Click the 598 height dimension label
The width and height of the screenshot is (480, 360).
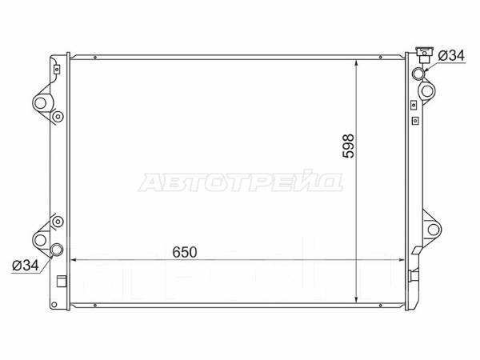coord(348,146)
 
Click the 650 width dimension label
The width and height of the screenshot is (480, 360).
coord(185,252)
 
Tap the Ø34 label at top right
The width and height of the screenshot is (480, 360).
coord(451,56)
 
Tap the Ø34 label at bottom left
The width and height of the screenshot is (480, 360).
coord(26,266)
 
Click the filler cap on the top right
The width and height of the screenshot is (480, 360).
coord(424,54)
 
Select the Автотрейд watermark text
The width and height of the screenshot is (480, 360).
coord(241,182)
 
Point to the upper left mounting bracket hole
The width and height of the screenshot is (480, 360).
coord(41,103)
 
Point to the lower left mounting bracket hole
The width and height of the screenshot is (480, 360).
coord(41,240)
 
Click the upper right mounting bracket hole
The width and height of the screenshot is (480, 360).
coord(427,91)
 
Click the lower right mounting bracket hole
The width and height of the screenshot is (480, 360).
coord(433,230)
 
